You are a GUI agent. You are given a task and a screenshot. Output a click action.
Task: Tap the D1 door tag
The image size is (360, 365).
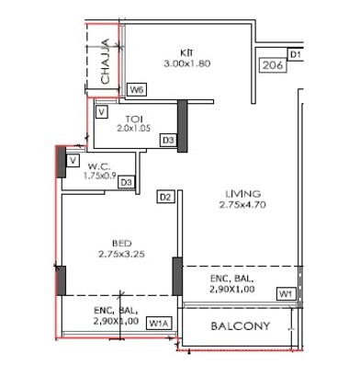pyautogui.click(x=296, y=56)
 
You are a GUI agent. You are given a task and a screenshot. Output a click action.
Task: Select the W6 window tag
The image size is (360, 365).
pyautogui.click(x=137, y=90)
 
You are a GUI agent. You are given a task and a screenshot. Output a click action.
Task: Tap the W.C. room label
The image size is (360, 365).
pyautogui.click(x=99, y=166)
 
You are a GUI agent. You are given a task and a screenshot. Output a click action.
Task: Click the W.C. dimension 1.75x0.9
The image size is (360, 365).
pyautogui.click(x=99, y=176)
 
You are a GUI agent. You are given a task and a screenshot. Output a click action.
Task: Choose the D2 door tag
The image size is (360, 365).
pyautogui.click(x=166, y=196)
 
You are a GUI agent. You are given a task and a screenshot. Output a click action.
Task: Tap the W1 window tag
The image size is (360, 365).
pyautogui.click(x=287, y=293)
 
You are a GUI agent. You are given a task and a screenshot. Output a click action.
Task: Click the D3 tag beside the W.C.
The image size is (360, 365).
pyautogui.click(x=128, y=183)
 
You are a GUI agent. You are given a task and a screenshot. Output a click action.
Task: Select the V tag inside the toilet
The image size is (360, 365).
pyautogui.click(x=102, y=112)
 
